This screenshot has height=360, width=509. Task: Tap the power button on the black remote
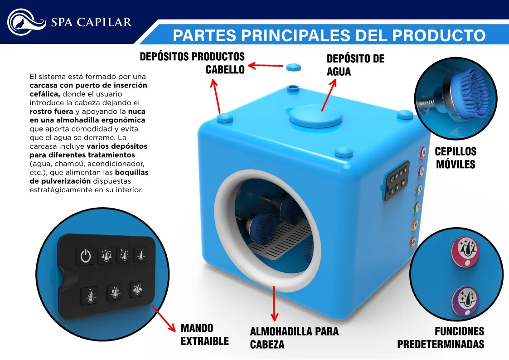85,256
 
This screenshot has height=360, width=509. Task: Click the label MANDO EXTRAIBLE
204,335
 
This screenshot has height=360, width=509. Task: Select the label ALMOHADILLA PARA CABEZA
294,338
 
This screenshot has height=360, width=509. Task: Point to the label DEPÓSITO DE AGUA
355,65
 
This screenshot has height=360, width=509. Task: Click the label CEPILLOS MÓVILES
456,158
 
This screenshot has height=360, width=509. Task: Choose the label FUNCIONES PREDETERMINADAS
441,338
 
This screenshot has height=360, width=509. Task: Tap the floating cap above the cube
293,67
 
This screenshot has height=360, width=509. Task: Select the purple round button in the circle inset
466,301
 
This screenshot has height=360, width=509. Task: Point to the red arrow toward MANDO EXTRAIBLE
164,318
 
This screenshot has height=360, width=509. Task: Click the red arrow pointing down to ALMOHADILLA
274,303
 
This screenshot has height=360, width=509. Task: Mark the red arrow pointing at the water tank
329,95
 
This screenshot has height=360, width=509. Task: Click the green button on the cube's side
417,208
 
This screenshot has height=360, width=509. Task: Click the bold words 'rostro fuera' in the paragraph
51,112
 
